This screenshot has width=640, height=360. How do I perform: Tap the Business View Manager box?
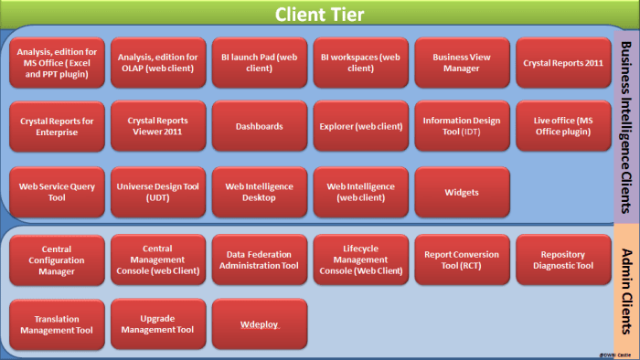(x=461, y=62)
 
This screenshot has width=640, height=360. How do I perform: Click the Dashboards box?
(x=259, y=126)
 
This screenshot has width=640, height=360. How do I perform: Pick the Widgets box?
(x=461, y=192)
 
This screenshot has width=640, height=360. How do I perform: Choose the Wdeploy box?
(x=259, y=323)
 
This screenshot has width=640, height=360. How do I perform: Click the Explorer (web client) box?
(x=359, y=126)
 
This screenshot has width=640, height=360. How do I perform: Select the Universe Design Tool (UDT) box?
(x=157, y=192)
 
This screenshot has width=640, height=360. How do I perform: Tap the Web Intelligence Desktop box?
(x=259, y=192)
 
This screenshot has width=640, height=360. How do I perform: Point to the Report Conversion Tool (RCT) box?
(x=461, y=259)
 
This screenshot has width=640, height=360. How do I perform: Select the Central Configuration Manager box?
(x=57, y=259)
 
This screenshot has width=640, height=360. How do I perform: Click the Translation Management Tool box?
(x=57, y=323)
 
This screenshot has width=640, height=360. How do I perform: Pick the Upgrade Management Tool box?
(x=157, y=323)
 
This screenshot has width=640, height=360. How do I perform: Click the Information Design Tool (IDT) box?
(x=461, y=126)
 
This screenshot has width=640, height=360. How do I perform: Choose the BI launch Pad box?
(x=259, y=62)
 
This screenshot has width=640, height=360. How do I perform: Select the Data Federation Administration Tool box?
(x=259, y=259)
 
